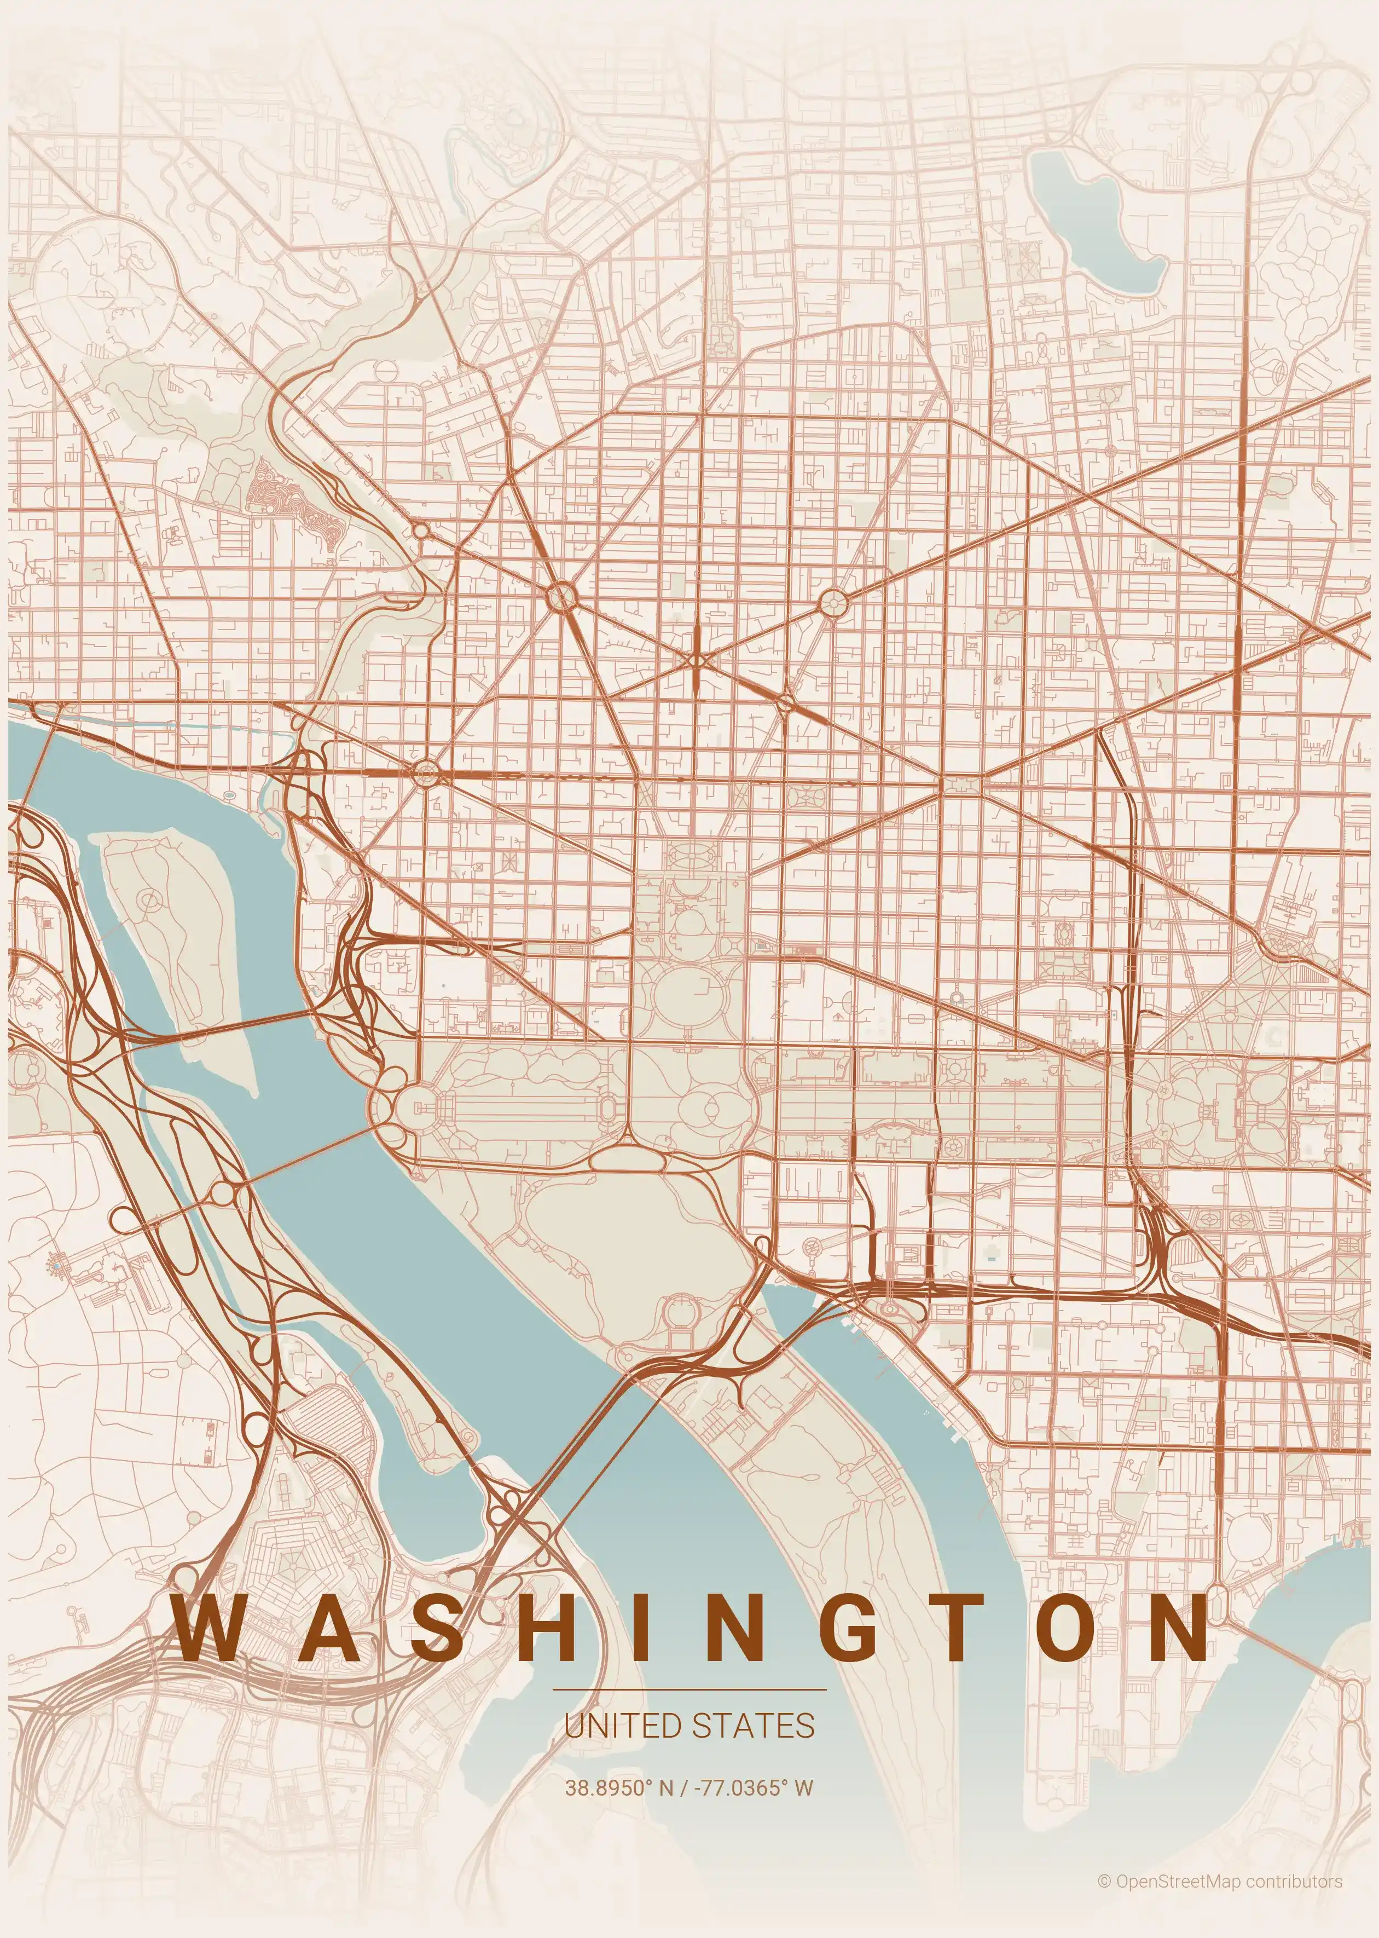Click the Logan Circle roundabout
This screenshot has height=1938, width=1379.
pyautogui.click(x=834, y=604)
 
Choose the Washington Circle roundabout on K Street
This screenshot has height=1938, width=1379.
pyautogui.click(x=425, y=773)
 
